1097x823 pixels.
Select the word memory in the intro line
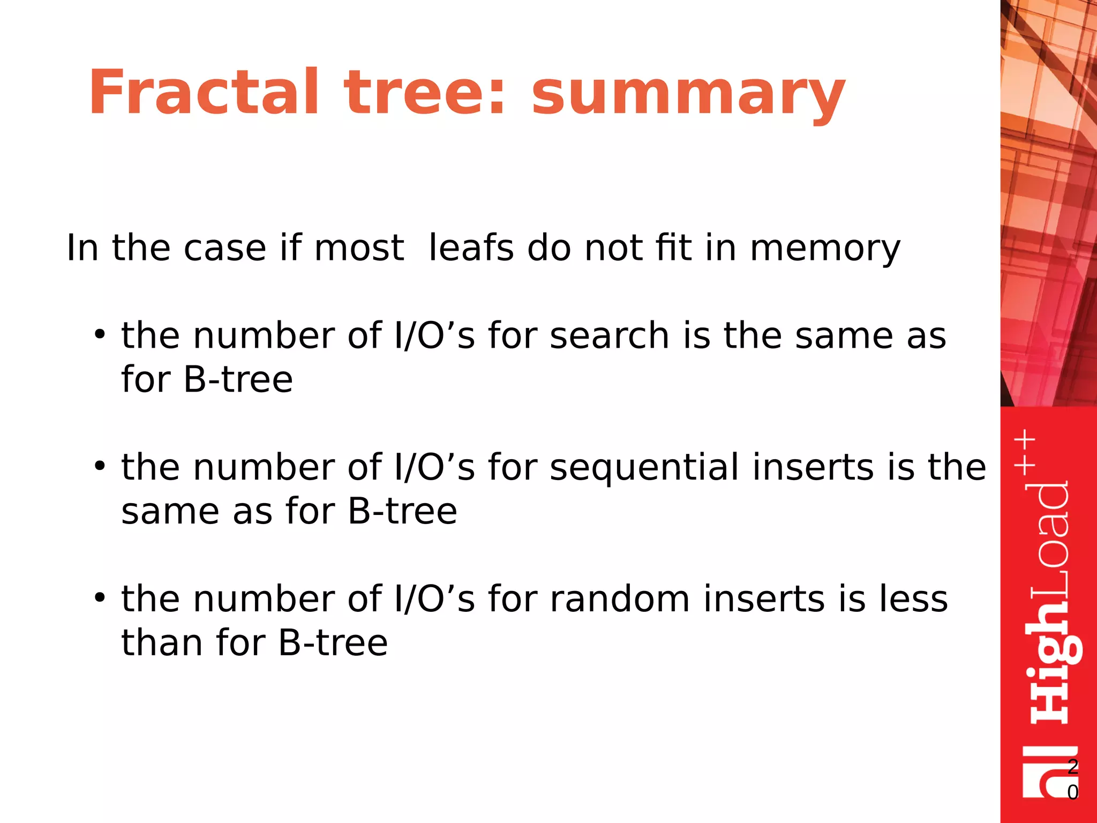click(x=825, y=249)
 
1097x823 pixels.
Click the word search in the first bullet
click(x=609, y=336)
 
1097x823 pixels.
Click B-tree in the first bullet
click(x=238, y=380)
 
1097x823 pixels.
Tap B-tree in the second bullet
click(x=402, y=511)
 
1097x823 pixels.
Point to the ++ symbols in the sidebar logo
click(x=1025, y=452)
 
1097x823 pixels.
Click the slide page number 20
click(x=1072, y=779)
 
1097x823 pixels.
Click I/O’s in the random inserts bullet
click(x=434, y=599)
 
